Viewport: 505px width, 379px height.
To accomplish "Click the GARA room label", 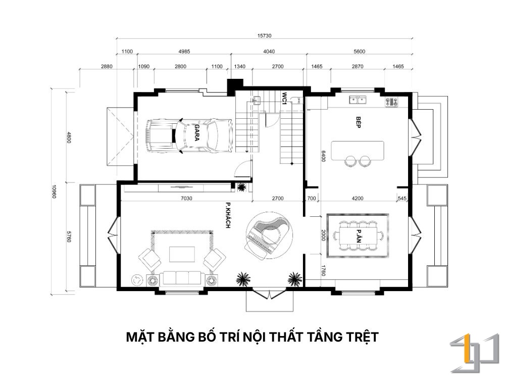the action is click(x=196, y=133).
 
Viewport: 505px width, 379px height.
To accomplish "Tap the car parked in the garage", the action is click(x=188, y=135).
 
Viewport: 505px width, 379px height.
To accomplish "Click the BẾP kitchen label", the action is click(x=358, y=122).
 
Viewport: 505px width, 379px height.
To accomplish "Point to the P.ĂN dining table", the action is click(x=358, y=236).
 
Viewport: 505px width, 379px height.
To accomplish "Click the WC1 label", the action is click(x=284, y=99).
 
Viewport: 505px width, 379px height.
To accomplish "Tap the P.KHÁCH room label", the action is click(x=228, y=215).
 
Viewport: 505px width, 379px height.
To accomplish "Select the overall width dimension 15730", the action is click(x=264, y=35).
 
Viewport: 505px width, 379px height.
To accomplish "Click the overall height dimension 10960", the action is click(x=54, y=192).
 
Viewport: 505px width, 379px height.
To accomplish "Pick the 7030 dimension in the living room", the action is click(x=186, y=198).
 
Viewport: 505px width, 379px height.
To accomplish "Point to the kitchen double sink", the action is click(x=358, y=100).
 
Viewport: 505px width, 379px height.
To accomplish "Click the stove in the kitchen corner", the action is click(x=391, y=102).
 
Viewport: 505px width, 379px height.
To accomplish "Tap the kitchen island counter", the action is click(x=358, y=151).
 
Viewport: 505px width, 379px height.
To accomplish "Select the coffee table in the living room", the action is click(x=182, y=254).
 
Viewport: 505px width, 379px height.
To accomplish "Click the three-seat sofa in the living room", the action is click(x=182, y=278).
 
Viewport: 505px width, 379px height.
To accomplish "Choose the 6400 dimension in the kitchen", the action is click(x=323, y=156).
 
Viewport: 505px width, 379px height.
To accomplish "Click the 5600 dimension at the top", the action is click(x=360, y=51).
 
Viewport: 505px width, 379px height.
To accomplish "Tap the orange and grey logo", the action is click(x=474, y=353).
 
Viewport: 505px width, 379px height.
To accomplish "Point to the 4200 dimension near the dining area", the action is click(x=358, y=198).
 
